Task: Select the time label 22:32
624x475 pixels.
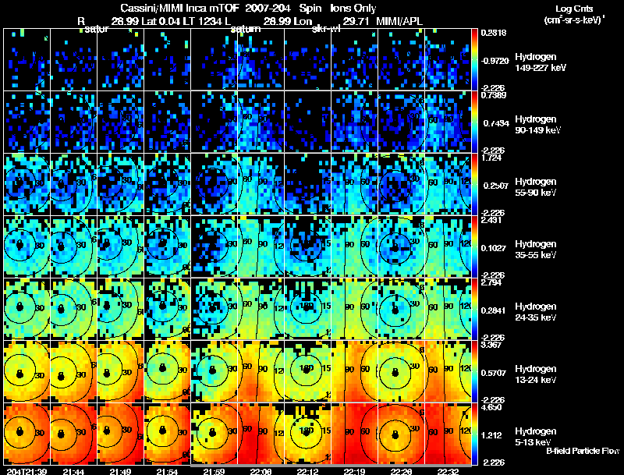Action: (x=448, y=471)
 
